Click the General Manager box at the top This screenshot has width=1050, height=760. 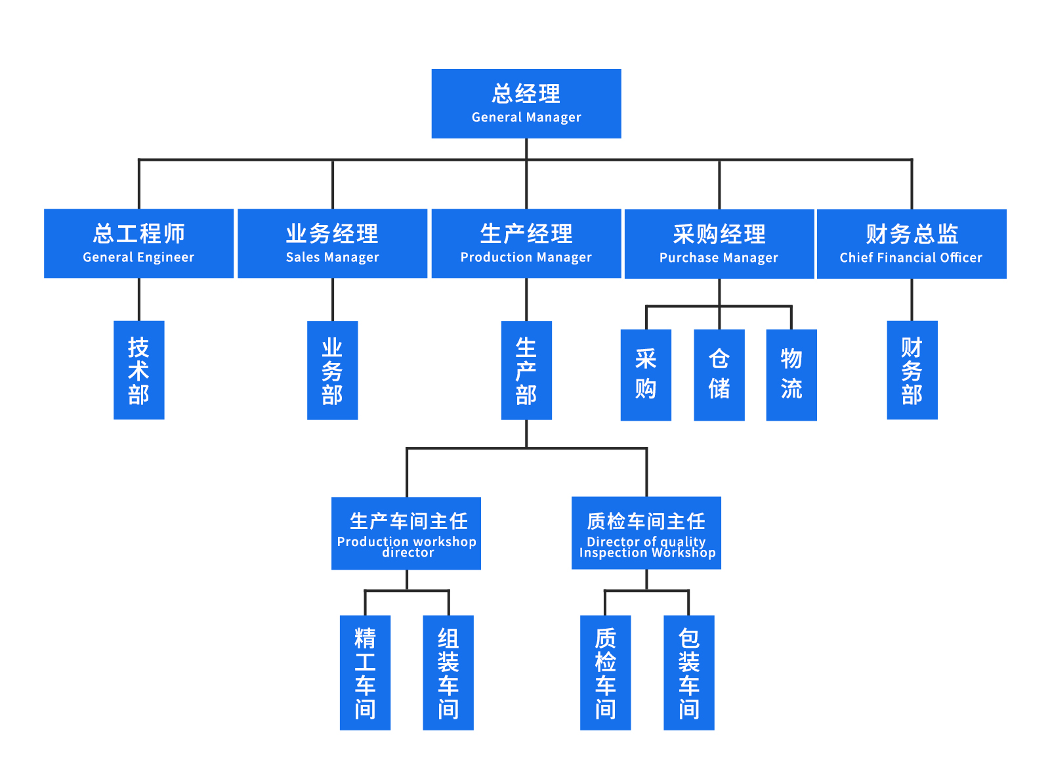tap(526, 104)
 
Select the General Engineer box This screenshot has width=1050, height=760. tap(138, 243)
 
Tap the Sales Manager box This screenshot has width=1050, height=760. tap(332, 243)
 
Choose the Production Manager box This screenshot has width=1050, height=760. tap(526, 243)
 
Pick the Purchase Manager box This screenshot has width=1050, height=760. tap(719, 243)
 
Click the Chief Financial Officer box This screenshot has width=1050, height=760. tap(911, 243)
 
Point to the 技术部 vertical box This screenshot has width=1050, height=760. tap(138, 370)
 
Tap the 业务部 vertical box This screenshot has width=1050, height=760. tap(332, 370)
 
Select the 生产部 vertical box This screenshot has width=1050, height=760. tap(526, 370)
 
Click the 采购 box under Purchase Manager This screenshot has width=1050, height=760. tap(646, 375)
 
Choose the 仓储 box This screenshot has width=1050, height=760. tap(719, 375)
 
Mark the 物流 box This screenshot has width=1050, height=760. tap(791, 375)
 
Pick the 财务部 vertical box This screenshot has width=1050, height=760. tap(912, 370)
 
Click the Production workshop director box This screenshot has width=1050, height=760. tap(406, 533)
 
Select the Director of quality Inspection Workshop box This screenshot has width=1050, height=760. tap(646, 533)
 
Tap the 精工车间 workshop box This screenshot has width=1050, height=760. tap(365, 672)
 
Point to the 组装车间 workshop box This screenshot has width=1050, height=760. tap(448, 672)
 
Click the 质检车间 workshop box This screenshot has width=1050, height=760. tap(605, 672)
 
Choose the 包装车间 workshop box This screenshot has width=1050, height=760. tap(688, 672)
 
